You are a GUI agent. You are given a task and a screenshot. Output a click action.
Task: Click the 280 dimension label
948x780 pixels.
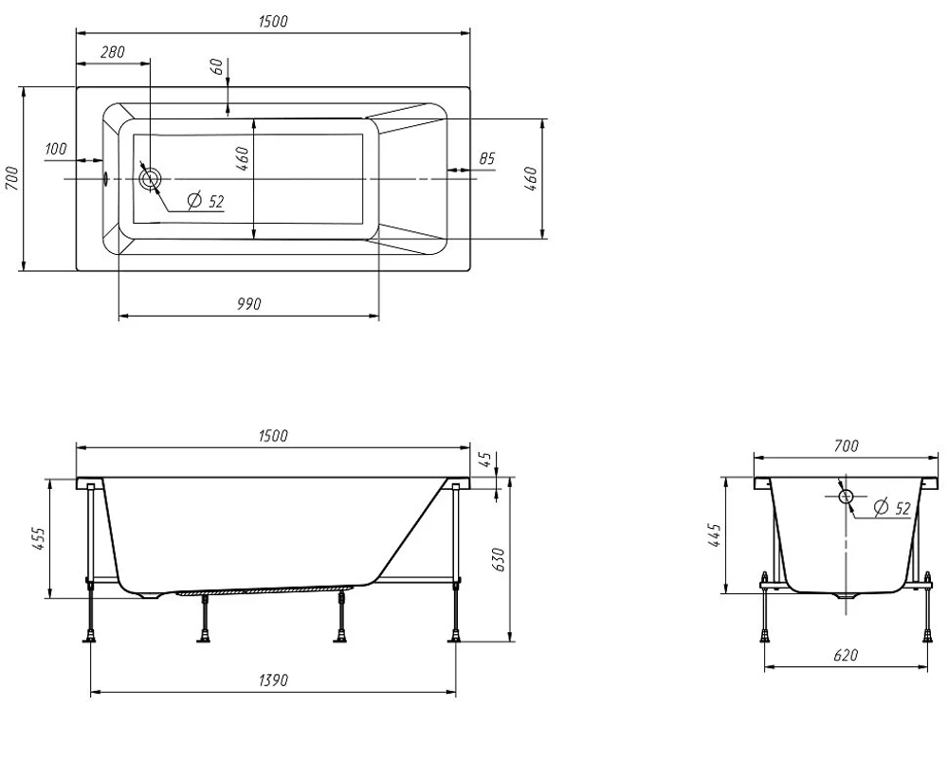(113, 52)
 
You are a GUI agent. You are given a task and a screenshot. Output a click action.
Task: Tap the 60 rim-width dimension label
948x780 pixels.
(219, 66)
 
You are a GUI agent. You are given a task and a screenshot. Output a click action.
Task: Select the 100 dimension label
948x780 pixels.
(56, 149)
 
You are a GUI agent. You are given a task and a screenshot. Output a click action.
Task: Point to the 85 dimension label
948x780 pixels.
(486, 158)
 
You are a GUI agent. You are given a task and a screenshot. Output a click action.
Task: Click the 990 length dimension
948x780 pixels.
(248, 303)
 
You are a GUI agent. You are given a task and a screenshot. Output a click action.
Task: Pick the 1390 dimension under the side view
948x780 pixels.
(273, 680)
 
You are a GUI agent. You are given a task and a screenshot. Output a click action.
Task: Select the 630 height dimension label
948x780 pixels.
(498, 560)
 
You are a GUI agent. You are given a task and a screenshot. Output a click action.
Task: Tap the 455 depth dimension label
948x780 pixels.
(38, 538)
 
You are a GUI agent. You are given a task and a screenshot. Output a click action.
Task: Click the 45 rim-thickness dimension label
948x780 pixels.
(485, 461)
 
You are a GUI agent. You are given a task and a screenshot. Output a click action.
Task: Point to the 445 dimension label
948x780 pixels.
(714, 535)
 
